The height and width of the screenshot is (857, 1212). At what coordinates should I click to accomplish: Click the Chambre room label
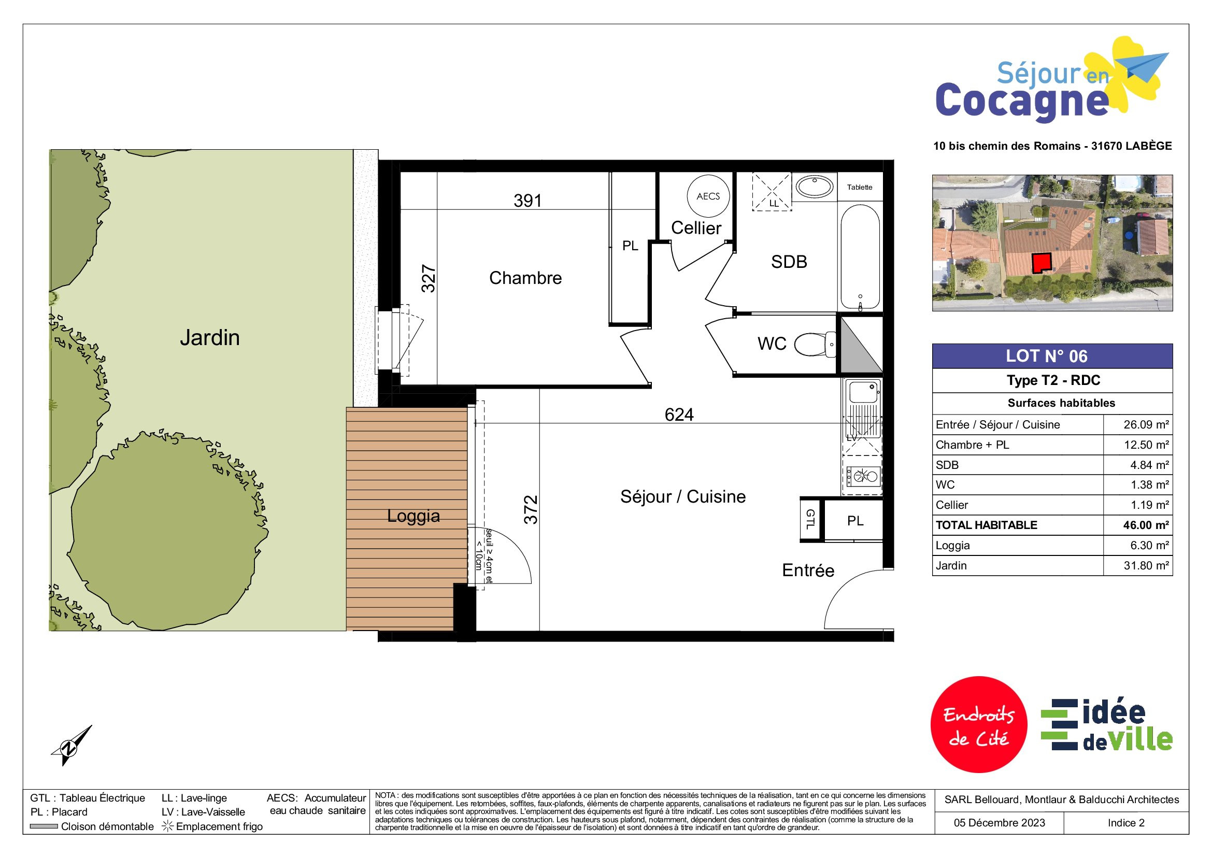click(x=525, y=278)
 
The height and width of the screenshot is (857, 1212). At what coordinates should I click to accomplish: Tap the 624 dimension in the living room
click(x=679, y=415)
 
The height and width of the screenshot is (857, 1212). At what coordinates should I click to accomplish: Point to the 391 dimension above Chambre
click(x=528, y=201)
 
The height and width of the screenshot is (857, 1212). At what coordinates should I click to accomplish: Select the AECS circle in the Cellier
click(x=708, y=196)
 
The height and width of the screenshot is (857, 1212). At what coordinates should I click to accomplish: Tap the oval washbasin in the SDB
click(x=814, y=187)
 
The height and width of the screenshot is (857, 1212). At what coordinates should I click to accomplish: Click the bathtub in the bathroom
click(x=860, y=257)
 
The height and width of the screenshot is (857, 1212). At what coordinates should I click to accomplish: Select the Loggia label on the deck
click(x=413, y=516)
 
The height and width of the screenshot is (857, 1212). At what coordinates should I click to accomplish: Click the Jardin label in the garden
click(x=209, y=338)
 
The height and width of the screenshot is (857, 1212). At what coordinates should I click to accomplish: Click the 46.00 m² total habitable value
click(x=1146, y=525)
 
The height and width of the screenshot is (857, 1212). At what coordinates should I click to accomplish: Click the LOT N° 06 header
click(x=1046, y=356)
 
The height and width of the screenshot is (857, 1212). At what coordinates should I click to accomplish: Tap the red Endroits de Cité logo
click(x=979, y=724)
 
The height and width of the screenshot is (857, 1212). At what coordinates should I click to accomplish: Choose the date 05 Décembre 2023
click(x=999, y=823)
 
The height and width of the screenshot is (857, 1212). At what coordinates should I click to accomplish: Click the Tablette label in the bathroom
click(x=859, y=188)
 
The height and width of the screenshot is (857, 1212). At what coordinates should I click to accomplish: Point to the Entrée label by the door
click(x=808, y=570)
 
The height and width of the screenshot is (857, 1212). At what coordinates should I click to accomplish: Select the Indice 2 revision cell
click(x=1126, y=823)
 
